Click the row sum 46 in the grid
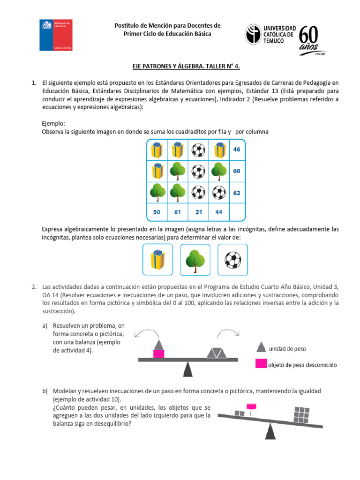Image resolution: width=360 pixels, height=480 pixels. click(236, 150)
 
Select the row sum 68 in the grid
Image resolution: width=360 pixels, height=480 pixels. click(236, 171)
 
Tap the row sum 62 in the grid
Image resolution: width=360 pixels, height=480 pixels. click(236, 193)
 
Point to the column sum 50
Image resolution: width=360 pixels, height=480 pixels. click(157, 212)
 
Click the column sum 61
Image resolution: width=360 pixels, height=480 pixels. click(178, 212)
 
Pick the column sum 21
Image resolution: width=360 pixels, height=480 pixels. click(199, 212)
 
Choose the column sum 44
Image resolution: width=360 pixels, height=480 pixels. click(218, 212)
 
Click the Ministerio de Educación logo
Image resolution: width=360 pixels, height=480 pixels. click(55, 35)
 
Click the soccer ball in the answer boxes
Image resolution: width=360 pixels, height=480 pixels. click(232, 260)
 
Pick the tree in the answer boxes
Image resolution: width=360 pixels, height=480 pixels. click(195, 260)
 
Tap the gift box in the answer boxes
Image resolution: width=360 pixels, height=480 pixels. click(157, 260)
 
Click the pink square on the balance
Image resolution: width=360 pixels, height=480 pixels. click(159, 354)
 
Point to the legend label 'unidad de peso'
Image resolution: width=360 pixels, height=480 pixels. click(288, 348)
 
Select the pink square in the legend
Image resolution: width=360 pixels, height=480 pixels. click(261, 363)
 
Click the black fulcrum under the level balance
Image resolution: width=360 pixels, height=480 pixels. click(187, 370)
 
